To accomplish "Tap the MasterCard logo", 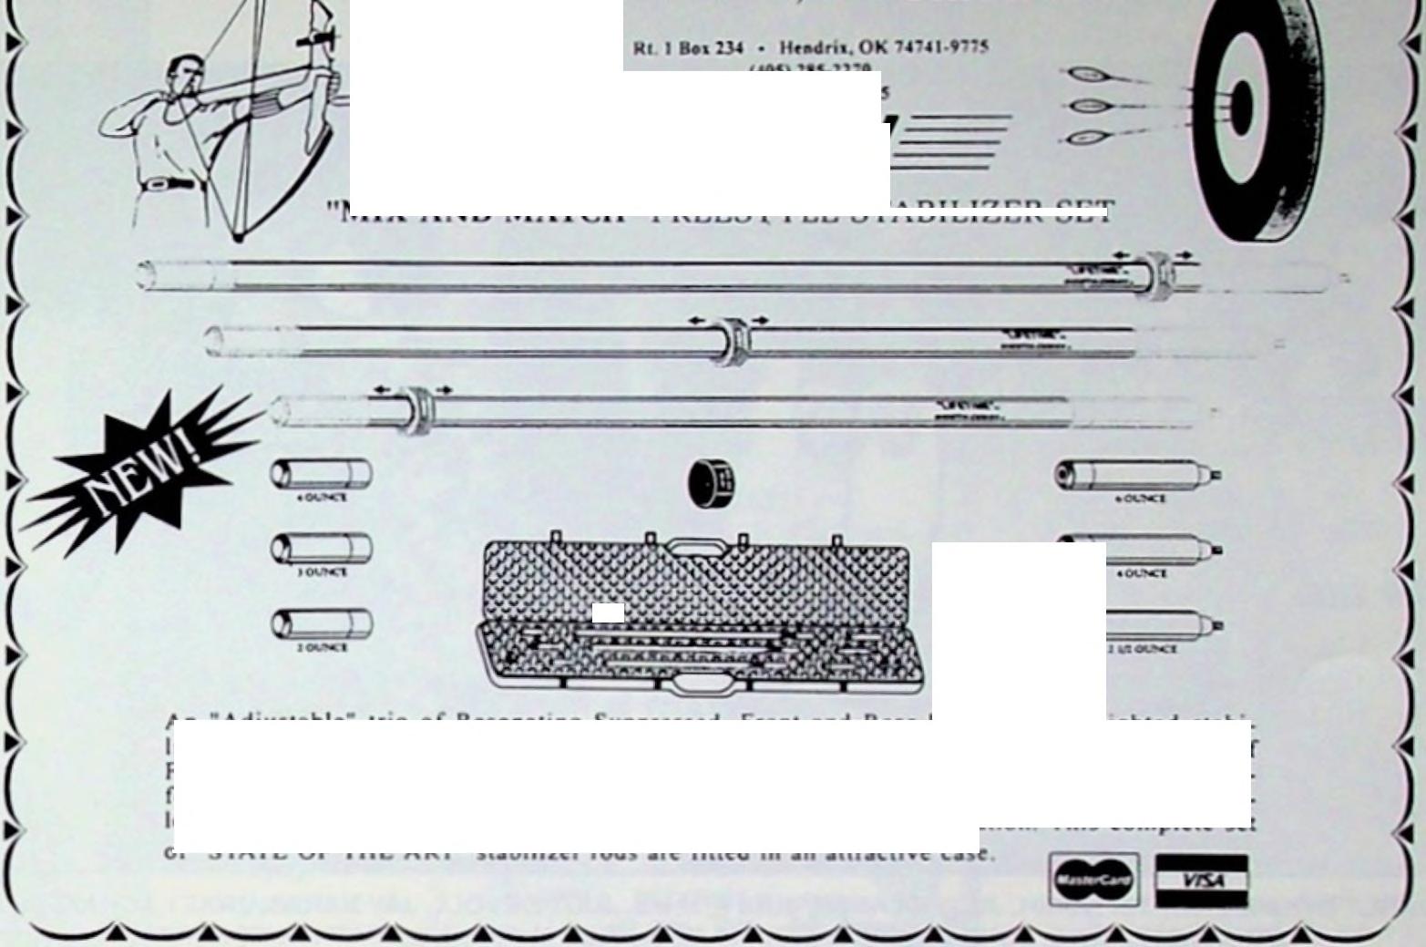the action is coord(1093,880).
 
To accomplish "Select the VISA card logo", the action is coord(1201,880).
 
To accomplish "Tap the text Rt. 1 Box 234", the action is coord(688,47).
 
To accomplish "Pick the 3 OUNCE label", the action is coord(322,572).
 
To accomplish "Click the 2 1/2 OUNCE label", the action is coord(1143,649).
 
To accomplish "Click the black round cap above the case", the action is coord(712,483).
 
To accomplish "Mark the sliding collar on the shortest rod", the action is coord(415,411).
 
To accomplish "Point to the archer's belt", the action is coord(169,185).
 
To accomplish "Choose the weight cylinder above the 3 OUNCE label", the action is coord(321,549).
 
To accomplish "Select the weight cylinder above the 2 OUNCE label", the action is coord(321,624).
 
